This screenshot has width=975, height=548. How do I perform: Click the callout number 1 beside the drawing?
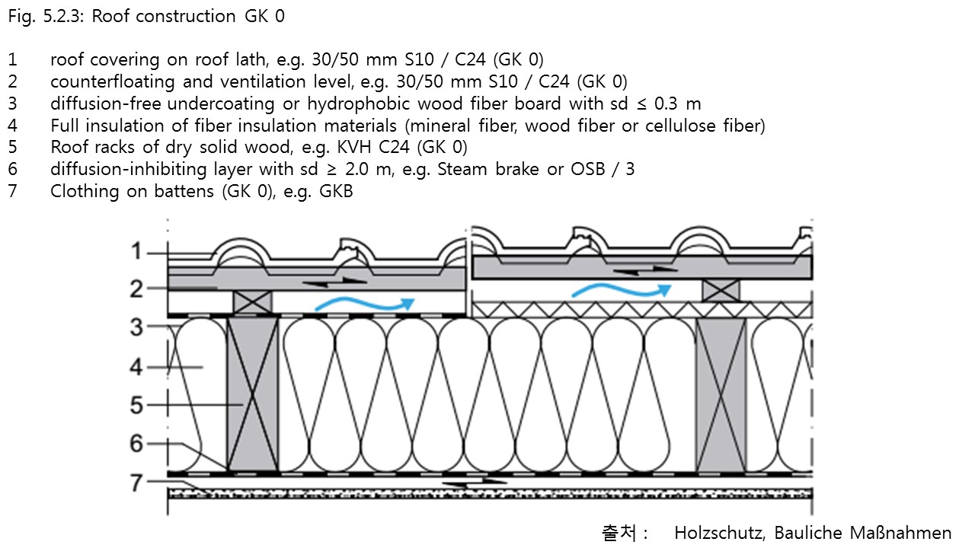pyautogui.click(x=136, y=251)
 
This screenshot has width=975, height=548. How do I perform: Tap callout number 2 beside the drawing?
pyautogui.click(x=136, y=288)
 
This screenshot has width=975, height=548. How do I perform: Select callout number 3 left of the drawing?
pyautogui.click(x=136, y=328)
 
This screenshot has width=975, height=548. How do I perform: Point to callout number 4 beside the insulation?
pyautogui.click(x=136, y=368)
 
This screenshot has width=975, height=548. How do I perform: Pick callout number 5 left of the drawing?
pyautogui.click(x=136, y=405)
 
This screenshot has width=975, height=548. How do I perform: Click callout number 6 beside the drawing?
pyautogui.click(x=136, y=443)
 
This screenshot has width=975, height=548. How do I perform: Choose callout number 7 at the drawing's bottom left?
pyautogui.click(x=136, y=482)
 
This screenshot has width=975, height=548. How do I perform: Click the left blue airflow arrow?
pyautogui.click(x=364, y=304)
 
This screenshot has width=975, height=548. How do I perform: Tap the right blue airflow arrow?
pyautogui.click(x=621, y=290)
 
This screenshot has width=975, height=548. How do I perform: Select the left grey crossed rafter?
pyautogui.click(x=252, y=393)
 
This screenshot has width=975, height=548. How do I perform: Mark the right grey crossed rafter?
pyautogui.click(x=721, y=393)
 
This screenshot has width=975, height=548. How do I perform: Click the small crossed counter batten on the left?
pyautogui.click(x=252, y=301)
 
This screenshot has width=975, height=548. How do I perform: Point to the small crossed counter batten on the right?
pyautogui.click(x=721, y=290)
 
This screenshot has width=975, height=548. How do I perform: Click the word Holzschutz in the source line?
pyautogui.click(x=718, y=533)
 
